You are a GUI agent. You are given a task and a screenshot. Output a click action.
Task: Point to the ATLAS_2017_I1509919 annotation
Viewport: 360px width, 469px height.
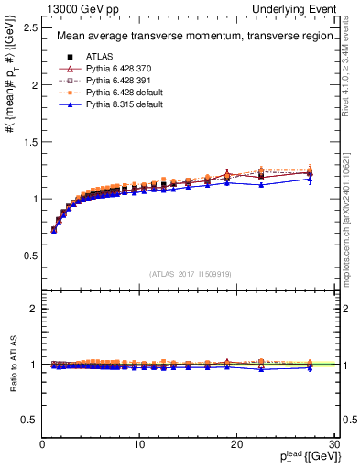(x=190, y=272)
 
